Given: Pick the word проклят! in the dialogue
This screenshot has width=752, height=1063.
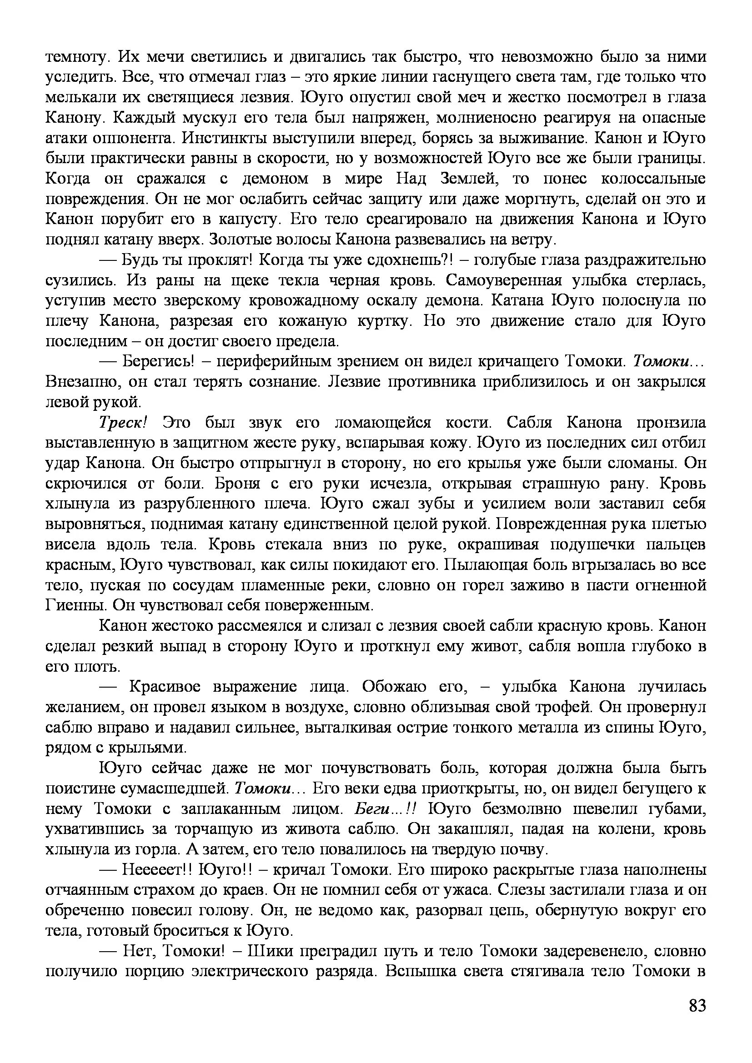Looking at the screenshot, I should pyautogui.click(x=218, y=260).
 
